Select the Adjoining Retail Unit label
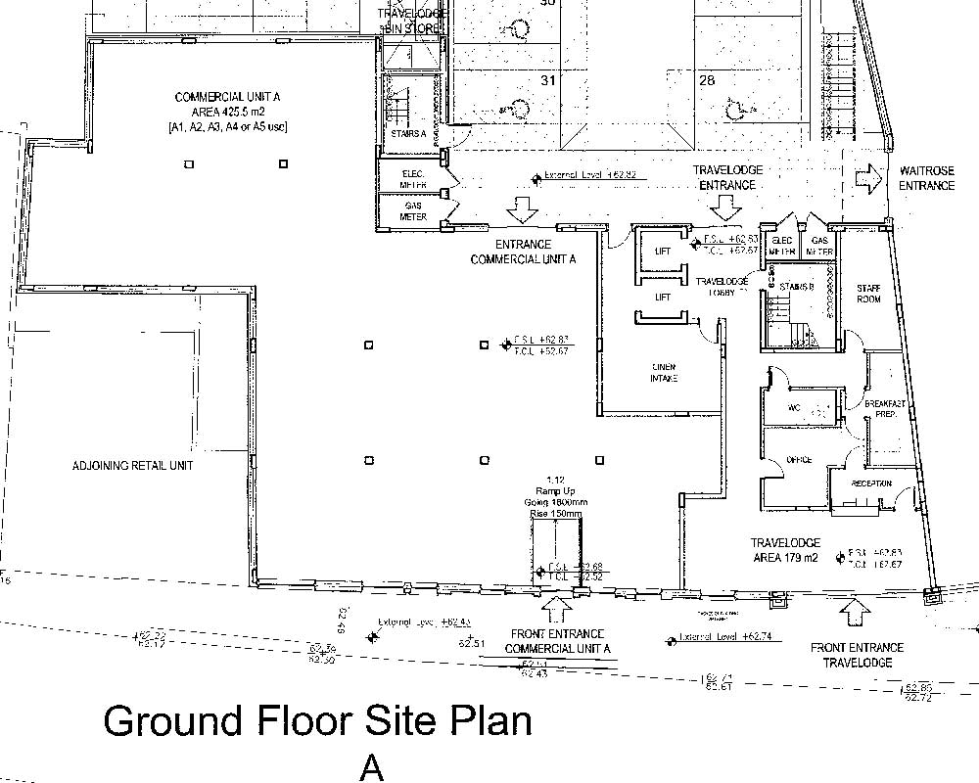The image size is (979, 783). point(133,466)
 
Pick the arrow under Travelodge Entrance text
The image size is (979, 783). point(725,207)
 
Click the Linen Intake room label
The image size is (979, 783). point(665,373)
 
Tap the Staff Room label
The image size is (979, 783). point(868,294)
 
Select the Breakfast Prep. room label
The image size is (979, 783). point(880,409)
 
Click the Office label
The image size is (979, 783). point(800,460)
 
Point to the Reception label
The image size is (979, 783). point(870,484)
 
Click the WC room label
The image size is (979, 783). point(795,409)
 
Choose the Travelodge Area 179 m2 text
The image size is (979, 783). point(784,550)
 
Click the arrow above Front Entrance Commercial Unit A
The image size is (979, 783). point(557,610)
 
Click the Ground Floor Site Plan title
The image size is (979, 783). point(317,721)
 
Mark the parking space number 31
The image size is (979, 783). point(547,81)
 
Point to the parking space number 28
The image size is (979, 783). point(707,82)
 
